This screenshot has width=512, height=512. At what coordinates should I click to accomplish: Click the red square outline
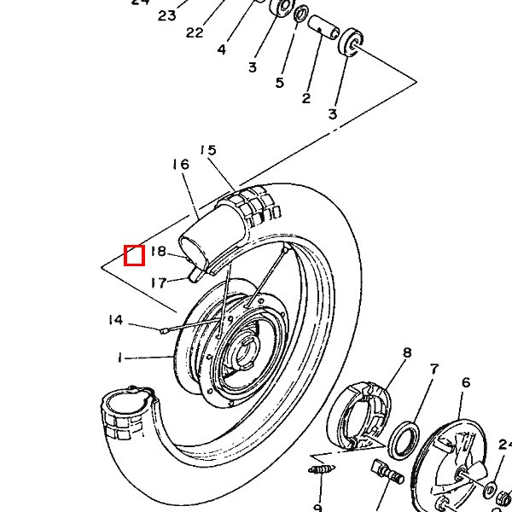pyautogui.click(x=134, y=254)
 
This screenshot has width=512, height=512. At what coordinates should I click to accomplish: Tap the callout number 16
pyautogui.click(x=179, y=165)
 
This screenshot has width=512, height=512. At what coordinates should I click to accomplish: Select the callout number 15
pyautogui.click(x=207, y=150)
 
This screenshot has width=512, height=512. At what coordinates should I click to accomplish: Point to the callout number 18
pyautogui.click(x=158, y=252)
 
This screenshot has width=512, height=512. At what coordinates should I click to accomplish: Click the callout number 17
pyautogui.click(x=158, y=282)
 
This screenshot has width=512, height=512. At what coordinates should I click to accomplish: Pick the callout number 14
pyautogui.click(x=115, y=320)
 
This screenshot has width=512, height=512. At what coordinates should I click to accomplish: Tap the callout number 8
pyautogui.click(x=407, y=352)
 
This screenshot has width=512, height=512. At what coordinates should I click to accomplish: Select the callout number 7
pyautogui.click(x=434, y=369)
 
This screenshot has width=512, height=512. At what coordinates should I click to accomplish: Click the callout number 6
pyautogui.click(x=465, y=383)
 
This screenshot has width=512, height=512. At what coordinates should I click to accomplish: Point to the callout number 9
pyautogui.click(x=317, y=506)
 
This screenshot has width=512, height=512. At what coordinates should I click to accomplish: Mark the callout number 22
pyautogui.click(x=195, y=32)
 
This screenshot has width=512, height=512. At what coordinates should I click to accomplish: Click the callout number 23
pyautogui.click(x=166, y=15)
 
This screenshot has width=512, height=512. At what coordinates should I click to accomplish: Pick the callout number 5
pyautogui.click(x=280, y=83)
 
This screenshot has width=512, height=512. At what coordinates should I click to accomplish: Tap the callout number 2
pyautogui.click(x=305, y=98)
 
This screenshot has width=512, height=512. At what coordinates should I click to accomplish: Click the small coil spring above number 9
pyautogui.click(x=319, y=470)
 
